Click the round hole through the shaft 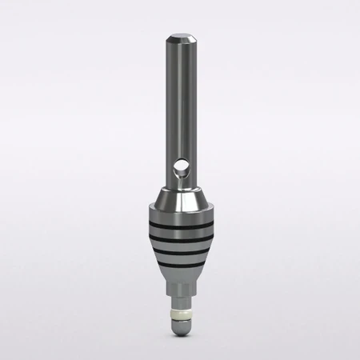[x=182, y=168]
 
